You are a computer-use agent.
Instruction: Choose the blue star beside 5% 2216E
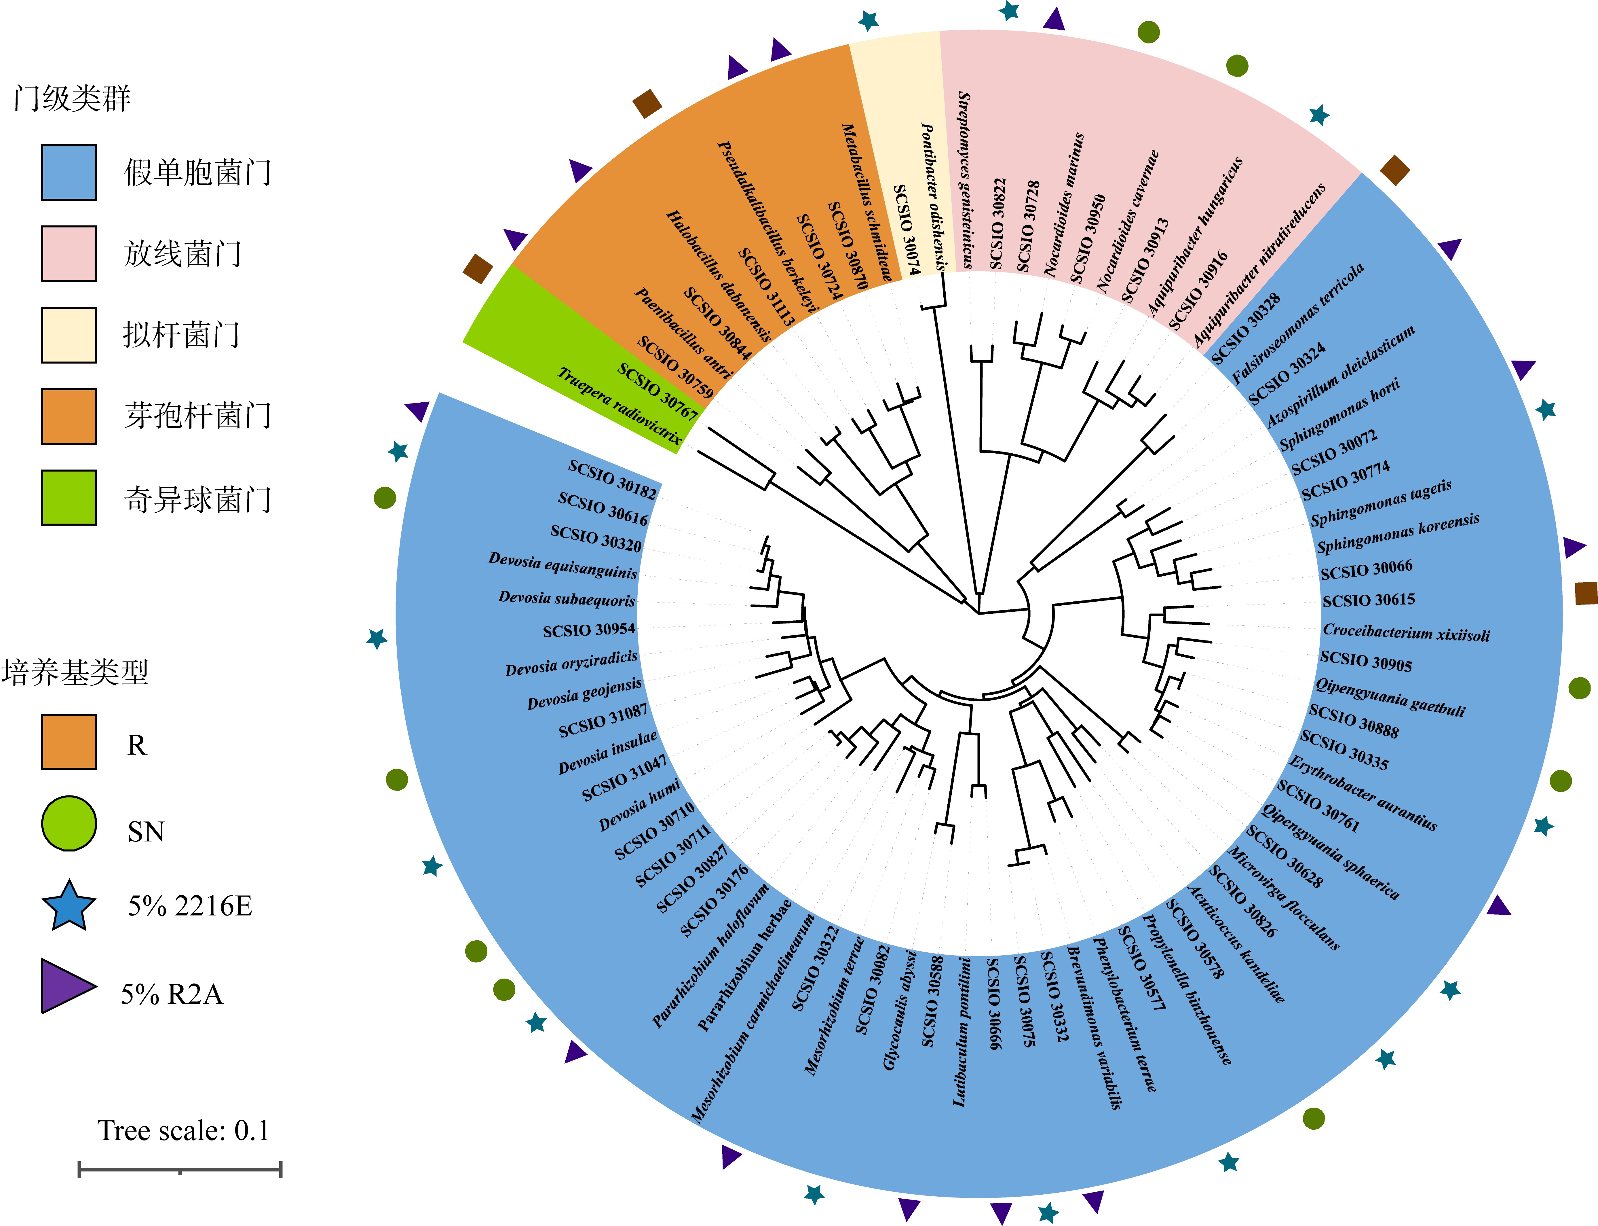pos(69,906)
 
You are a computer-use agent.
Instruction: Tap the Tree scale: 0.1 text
pos(183,1130)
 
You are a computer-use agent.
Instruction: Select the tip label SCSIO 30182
pos(613,479)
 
